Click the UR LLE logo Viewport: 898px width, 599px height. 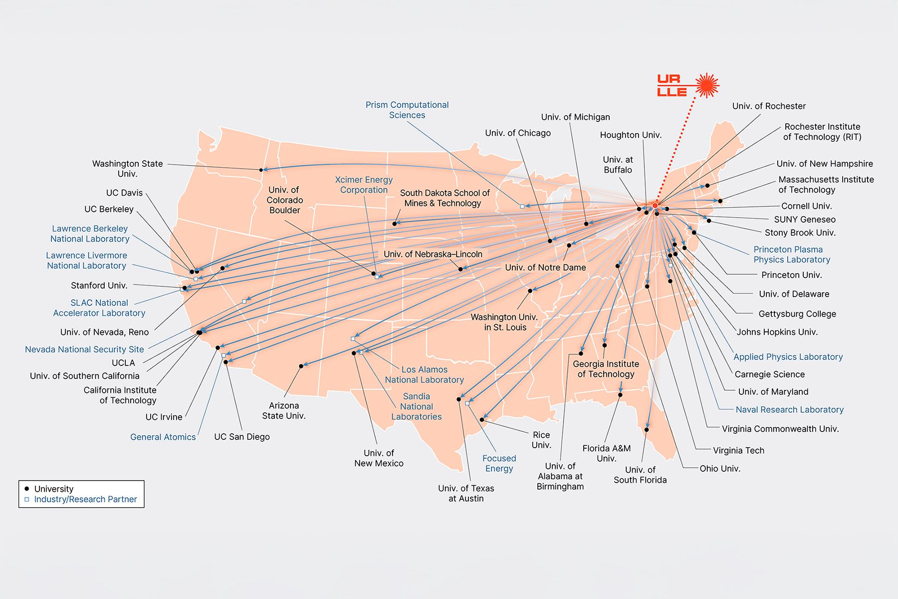[x=687, y=85]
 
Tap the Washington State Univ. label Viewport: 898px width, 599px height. [x=127, y=168]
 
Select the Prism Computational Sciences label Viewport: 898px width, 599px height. [x=407, y=110]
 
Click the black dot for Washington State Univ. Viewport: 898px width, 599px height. [x=261, y=170]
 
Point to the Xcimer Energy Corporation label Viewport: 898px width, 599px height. [x=364, y=185]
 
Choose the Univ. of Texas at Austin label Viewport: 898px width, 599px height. [x=466, y=493]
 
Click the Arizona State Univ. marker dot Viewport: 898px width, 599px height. [x=301, y=366]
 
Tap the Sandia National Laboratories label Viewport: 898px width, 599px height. [x=417, y=406]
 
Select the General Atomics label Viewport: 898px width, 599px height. [x=163, y=437]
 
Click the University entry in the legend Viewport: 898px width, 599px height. [x=53, y=489]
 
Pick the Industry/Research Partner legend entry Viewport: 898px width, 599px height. [x=85, y=499]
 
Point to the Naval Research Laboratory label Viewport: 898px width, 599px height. [x=789, y=410]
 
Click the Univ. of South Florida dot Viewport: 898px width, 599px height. [x=647, y=430]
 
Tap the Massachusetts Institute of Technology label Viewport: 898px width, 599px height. [x=826, y=184]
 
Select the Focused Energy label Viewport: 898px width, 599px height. [x=499, y=463]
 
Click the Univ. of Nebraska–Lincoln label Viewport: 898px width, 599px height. [x=433, y=254]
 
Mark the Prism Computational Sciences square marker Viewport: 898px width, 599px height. [x=522, y=206]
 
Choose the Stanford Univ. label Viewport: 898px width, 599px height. [x=99, y=286]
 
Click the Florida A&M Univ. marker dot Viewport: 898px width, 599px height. [x=620, y=395]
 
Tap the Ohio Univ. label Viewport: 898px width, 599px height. [x=719, y=469]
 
